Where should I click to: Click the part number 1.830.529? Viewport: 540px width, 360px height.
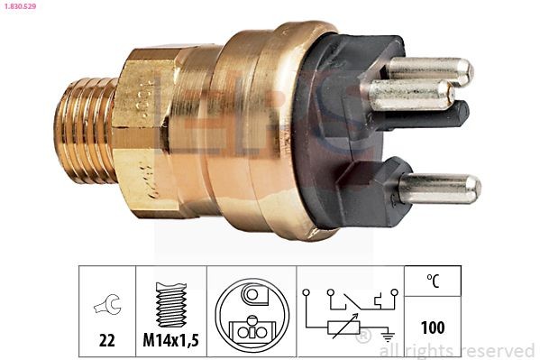click(x=18, y=7)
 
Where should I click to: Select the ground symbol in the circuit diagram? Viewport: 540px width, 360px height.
click(x=386, y=334)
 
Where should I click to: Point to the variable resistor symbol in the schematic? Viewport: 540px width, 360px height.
click(x=343, y=322)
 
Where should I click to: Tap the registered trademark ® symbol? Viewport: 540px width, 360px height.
click(x=364, y=337)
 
